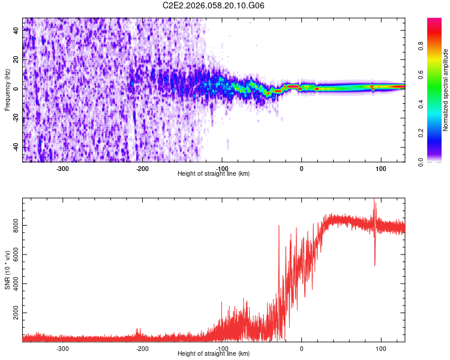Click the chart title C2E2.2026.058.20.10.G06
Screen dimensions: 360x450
coord(214,5)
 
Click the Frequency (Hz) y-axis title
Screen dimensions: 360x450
coord(8,89)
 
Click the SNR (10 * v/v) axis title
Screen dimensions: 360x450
coord(8,270)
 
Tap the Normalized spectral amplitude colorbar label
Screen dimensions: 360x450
coord(446,90)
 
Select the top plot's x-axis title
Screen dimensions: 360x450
coord(214,173)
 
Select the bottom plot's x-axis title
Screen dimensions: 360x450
coord(214,353)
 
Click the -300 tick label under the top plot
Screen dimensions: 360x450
coord(63,169)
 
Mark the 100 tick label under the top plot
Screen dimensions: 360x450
coord(380,169)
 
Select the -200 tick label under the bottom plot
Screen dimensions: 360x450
coord(142,349)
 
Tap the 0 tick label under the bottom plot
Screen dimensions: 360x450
coord(301,349)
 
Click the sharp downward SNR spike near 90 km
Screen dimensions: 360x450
coord(375,264)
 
